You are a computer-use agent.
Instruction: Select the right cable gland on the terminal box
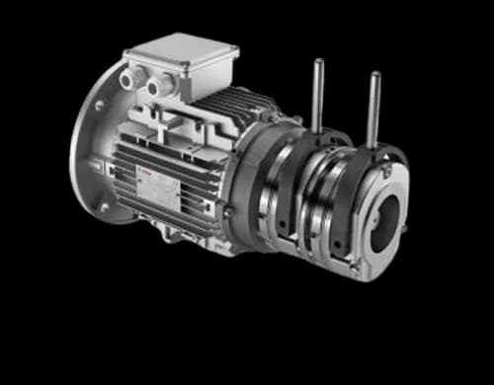pos(156,88)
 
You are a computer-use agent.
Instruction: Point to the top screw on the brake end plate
pos(387,172)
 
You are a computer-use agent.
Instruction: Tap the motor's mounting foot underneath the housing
pos(178,237)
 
